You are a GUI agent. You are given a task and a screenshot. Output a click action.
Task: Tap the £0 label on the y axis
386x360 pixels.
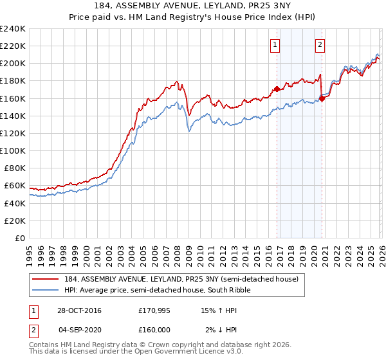pyautogui.click(x=21, y=238)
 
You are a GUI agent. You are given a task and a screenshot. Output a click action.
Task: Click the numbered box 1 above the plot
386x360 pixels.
pyautogui.click(x=275, y=44)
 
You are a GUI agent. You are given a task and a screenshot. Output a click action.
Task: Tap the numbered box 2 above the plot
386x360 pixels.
pyautogui.click(x=320, y=44)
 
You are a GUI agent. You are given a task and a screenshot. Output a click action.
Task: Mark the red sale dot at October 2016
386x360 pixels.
pyautogui.click(x=277, y=89)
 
